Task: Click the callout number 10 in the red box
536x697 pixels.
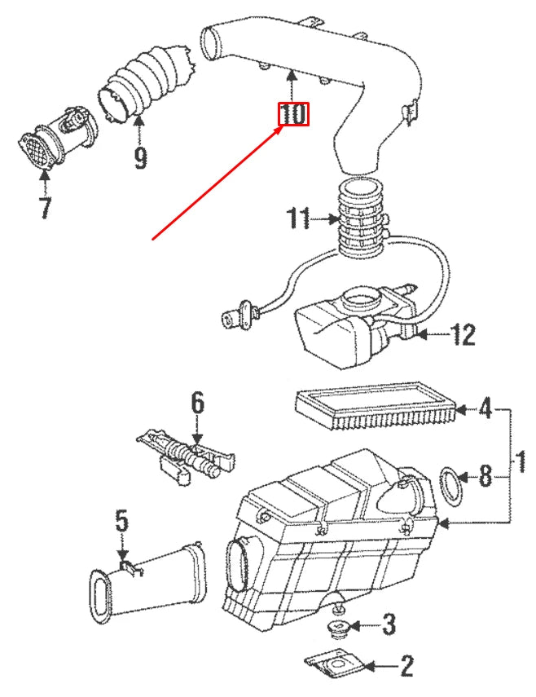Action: click(x=294, y=114)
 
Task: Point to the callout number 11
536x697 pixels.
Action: click(x=300, y=218)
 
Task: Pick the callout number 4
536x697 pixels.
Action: click(x=485, y=408)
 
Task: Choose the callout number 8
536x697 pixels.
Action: click(x=485, y=476)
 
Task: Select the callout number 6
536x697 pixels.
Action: click(x=198, y=402)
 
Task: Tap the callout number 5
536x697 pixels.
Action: click(x=121, y=519)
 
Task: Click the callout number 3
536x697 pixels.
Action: click(x=389, y=626)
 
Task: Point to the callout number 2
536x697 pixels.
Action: click(x=405, y=668)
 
